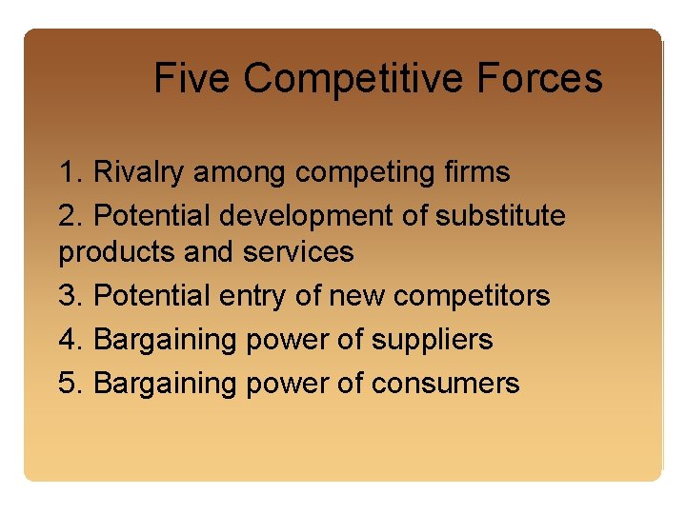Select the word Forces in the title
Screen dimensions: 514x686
pos(546,78)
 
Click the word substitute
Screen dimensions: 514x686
pos(500,216)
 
